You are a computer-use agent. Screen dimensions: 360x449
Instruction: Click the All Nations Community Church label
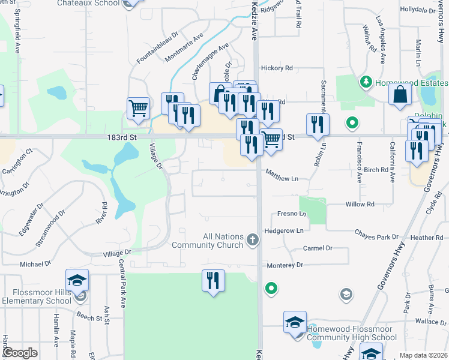tap(207, 241)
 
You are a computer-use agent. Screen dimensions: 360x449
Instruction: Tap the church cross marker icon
tap(253, 241)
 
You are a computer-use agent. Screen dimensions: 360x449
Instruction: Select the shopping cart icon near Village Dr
tap(138, 109)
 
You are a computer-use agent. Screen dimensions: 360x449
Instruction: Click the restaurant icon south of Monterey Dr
tap(213, 280)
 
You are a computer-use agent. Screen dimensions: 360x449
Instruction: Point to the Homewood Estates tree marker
tap(365, 81)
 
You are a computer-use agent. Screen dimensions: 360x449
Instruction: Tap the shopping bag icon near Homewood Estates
tap(400, 94)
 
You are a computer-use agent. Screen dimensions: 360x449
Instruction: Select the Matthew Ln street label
tap(282, 178)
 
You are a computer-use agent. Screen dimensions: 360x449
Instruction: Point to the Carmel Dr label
tap(318, 248)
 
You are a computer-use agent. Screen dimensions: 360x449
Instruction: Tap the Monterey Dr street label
tap(285, 265)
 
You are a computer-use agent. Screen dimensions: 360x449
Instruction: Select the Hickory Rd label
tap(276, 68)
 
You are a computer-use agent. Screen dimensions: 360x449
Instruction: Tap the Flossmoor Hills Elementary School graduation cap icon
tap(77, 280)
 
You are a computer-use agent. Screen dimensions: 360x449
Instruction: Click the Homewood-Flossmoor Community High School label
tap(351, 333)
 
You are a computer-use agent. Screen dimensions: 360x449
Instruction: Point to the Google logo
tap(20, 353)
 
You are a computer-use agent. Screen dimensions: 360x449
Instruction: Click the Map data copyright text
tap(423, 355)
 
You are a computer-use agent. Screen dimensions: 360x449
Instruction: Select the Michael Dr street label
tap(35, 264)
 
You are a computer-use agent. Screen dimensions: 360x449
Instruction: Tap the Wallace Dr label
tap(430, 322)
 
